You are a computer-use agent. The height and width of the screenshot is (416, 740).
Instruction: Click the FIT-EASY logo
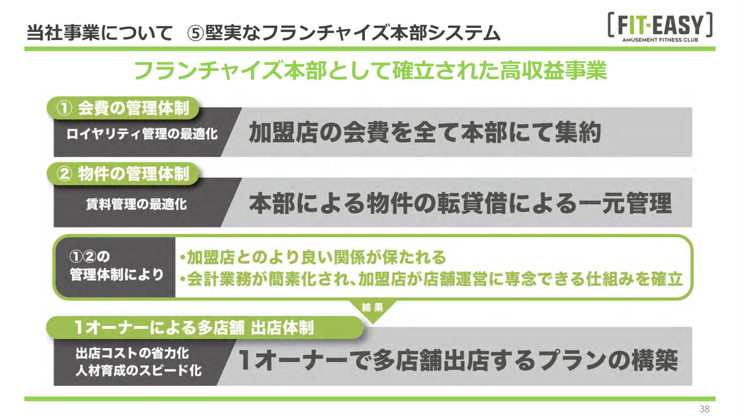coord(659,26)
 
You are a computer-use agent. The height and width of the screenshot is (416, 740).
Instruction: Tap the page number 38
coord(704,409)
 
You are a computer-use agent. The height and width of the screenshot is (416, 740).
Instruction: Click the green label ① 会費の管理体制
coord(123,108)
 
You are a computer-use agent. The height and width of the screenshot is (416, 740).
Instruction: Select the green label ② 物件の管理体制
coord(123,174)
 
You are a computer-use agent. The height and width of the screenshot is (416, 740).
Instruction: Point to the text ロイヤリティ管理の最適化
coord(142,135)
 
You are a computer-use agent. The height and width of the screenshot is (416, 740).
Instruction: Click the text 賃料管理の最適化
coord(136,204)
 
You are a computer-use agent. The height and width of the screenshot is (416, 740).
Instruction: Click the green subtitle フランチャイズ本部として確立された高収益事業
coord(370,70)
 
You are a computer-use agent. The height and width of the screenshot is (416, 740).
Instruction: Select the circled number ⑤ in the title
coord(195,34)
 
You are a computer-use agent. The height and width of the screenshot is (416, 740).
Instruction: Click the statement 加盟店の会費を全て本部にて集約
coord(424,133)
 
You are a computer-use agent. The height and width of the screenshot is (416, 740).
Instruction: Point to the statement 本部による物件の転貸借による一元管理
coord(460,203)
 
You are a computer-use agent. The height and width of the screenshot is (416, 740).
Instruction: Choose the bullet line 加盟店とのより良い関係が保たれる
coord(312,256)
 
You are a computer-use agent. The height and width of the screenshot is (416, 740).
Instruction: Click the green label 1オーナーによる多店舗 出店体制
coord(194,328)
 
